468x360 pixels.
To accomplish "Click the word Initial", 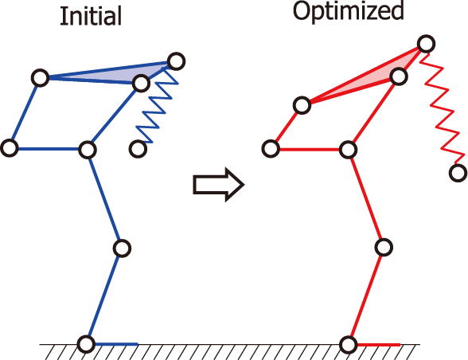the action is pos(91,16).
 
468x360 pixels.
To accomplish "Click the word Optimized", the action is pos(349,11).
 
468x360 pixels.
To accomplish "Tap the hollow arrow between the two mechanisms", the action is pos(219,185).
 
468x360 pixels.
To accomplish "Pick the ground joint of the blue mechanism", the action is pos(86,344).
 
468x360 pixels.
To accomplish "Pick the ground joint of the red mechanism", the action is pos(349,344).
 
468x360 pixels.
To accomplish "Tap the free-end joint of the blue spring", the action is pos(138,148).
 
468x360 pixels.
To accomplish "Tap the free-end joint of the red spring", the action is pos(458,173).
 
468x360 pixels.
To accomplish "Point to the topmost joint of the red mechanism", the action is pos(426,44).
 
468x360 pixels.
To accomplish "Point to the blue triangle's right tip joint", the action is pos(177,61).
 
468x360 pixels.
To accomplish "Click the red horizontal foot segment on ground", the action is pos(378,345).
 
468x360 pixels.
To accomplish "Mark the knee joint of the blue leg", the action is pos(122,248).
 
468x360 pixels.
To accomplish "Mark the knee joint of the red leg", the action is pos(384,248).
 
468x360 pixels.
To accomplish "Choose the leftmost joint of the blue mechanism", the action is pos(10,148).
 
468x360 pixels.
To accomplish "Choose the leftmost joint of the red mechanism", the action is pos(271,148).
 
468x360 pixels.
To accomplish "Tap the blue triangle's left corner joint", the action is pos(41,78).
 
